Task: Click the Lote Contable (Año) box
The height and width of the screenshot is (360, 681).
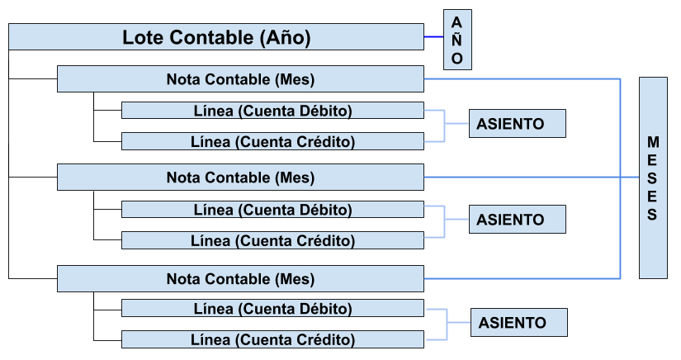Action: click(x=216, y=37)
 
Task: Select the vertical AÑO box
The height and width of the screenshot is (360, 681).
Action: click(x=457, y=40)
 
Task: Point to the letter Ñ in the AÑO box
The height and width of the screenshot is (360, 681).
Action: click(x=457, y=40)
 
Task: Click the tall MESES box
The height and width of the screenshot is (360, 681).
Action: click(x=653, y=178)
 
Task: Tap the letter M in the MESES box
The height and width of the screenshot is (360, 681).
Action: click(x=653, y=142)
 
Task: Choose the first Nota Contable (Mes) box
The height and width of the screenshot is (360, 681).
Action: click(x=240, y=80)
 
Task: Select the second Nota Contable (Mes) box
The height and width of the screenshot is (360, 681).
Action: click(x=240, y=178)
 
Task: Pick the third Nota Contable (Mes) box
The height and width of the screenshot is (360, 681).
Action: click(x=240, y=279)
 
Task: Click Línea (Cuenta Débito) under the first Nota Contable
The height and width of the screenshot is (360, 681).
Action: click(x=272, y=111)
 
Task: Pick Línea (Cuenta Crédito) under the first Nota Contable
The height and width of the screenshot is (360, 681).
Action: click(x=272, y=142)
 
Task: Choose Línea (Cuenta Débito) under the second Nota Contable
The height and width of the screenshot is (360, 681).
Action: click(x=272, y=210)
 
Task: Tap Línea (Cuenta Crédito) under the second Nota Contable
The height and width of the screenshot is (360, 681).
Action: click(x=272, y=241)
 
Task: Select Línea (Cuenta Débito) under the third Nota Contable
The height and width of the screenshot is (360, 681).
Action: click(x=272, y=309)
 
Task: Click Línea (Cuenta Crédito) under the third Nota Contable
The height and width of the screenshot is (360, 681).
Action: click(x=272, y=339)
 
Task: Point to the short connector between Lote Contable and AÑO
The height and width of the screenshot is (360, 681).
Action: click(x=433, y=37)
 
